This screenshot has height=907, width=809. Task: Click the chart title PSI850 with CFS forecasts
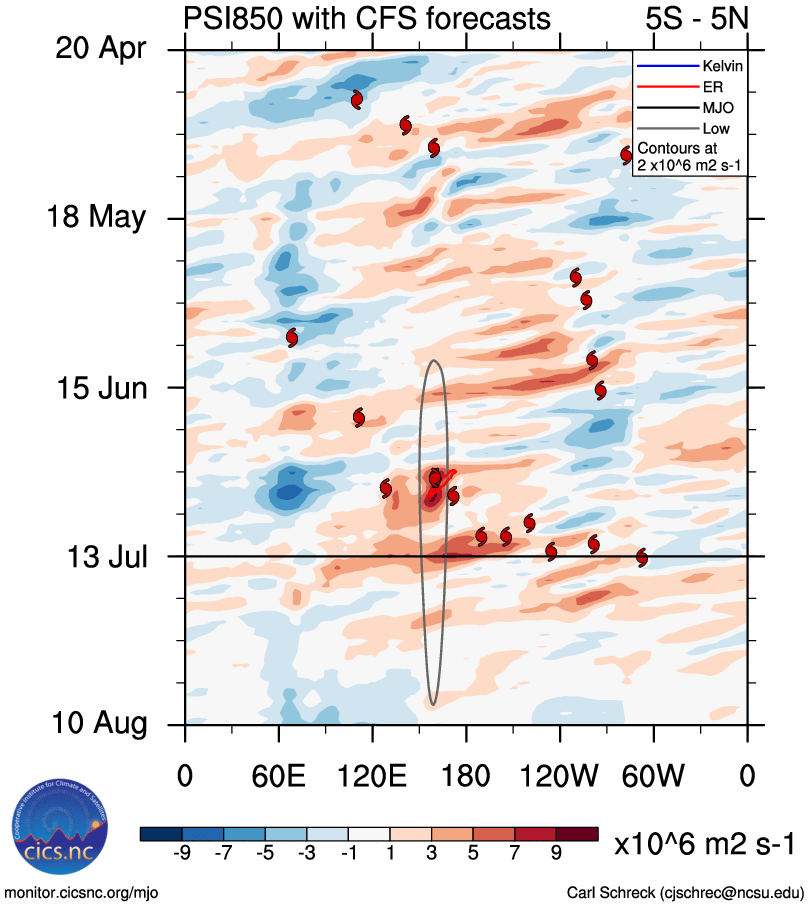point(367,18)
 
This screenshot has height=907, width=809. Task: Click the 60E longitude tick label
point(279,777)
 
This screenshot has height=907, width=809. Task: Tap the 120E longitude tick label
point(372,777)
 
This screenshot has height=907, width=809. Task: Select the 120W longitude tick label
point(560,777)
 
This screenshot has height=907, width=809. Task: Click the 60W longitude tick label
point(654,777)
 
